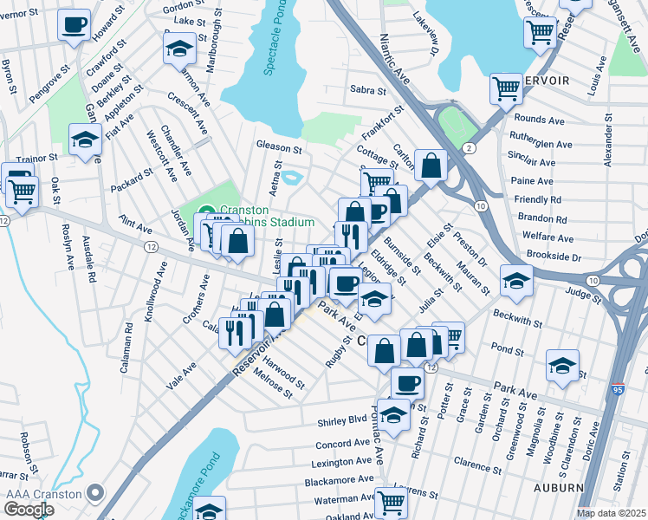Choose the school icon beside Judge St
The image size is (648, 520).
pyautogui.click(x=516, y=280)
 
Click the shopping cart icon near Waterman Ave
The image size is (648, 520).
pyautogui.click(x=392, y=500)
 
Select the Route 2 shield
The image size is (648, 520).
pyautogui.click(x=469, y=149)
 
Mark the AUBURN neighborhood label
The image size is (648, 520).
pyautogui.click(x=559, y=488)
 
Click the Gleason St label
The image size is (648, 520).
pyautogui.click(x=276, y=145)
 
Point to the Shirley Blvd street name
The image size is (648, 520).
pyautogui.click(x=346, y=419)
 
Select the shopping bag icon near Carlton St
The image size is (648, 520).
pyautogui.click(x=431, y=164)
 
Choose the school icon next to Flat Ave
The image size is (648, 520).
pyautogui.click(x=85, y=140)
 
